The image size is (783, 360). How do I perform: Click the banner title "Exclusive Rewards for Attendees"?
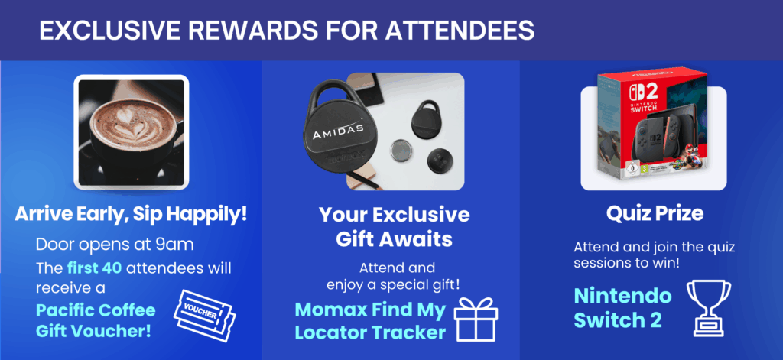(x=287, y=31)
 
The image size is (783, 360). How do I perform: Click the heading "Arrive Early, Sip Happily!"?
(x=131, y=215)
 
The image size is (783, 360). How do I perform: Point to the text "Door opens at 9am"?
(x=115, y=245)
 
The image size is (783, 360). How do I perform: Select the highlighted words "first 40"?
(x=94, y=268)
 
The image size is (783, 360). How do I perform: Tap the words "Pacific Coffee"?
(x=96, y=310)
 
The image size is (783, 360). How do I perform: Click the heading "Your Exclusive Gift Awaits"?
(x=394, y=227)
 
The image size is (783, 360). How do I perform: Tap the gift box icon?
(x=476, y=319)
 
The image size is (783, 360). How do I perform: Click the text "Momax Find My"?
(x=369, y=310)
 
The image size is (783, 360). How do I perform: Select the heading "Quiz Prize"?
(x=655, y=214)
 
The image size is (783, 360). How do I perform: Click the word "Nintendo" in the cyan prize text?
(x=622, y=296)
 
